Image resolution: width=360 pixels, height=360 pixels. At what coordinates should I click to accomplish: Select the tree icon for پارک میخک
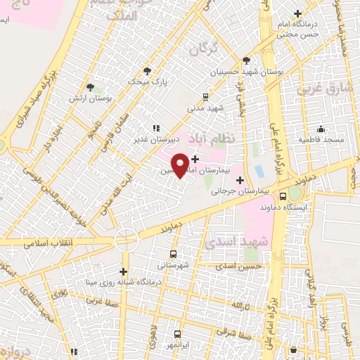pyautogui.click(x=147, y=71)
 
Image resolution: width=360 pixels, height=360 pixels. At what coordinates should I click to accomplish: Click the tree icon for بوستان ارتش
pyautogui.click(x=90, y=87)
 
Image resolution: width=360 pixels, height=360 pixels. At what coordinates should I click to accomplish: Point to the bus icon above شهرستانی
pyautogui.click(x=174, y=254)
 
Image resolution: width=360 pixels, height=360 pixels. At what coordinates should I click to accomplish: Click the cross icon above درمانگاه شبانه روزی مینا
pyautogui.click(x=123, y=271)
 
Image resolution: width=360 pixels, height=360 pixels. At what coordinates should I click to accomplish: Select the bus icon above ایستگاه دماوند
pyautogui.click(x=283, y=197)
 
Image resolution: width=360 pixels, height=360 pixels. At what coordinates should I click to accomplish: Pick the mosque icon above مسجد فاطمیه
pyautogui.click(x=321, y=129)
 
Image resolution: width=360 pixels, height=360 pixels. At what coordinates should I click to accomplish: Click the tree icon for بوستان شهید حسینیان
pyautogui.click(x=245, y=60)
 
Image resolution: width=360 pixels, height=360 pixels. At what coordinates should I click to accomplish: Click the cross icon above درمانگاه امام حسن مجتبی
pyautogui.click(x=297, y=13)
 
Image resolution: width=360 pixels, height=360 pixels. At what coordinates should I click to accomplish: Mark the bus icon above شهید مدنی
pyautogui.click(x=205, y=97)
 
